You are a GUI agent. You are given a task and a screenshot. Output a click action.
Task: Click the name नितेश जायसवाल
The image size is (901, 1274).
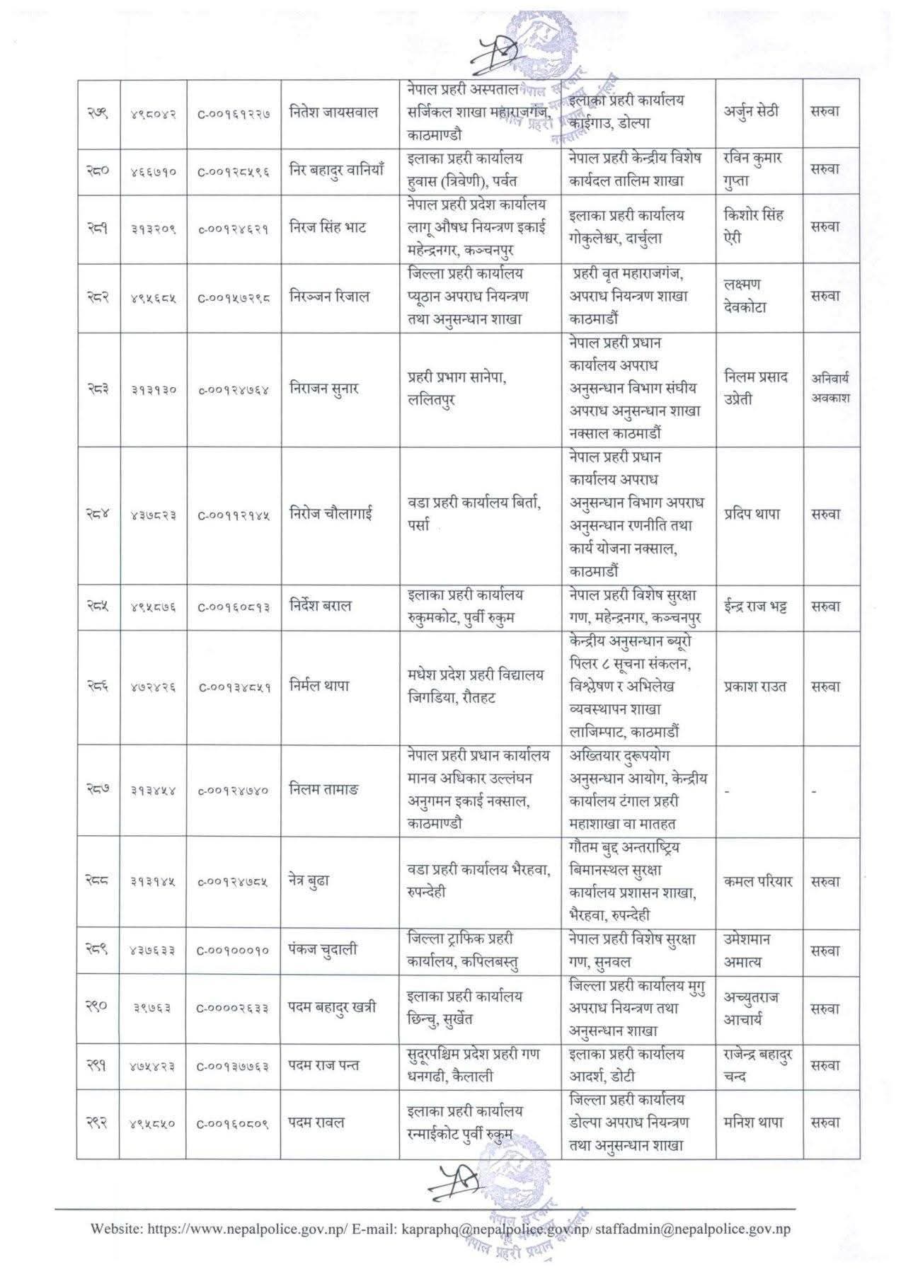(x=334, y=113)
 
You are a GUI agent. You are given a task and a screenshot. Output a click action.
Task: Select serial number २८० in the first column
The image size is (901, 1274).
(x=98, y=170)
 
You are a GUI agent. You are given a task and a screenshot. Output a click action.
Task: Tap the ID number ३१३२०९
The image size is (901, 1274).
(x=153, y=228)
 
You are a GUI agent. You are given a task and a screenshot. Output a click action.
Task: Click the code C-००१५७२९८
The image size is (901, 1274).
(x=234, y=298)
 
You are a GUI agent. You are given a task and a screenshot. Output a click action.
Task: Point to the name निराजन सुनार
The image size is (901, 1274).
(x=324, y=389)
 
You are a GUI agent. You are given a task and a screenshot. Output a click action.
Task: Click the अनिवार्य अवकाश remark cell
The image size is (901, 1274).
(x=830, y=388)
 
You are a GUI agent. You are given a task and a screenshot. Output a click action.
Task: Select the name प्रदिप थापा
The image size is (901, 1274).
(x=752, y=515)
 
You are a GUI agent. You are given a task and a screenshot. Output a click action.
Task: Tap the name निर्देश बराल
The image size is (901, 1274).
(x=320, y=607)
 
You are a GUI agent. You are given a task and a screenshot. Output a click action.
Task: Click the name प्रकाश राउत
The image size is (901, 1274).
(x=755, y=687)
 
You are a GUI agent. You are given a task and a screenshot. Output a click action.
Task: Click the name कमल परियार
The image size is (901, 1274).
(x=758, y=882)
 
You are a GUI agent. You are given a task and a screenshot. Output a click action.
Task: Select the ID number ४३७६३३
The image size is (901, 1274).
(x=153, y=951)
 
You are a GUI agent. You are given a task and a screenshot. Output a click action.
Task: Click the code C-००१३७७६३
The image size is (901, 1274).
(x=234, y=1066)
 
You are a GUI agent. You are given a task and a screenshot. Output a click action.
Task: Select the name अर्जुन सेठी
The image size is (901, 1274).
(x=751, y=113)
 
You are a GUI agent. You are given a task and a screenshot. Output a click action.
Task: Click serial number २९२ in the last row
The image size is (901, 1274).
(x=98, y=1123)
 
